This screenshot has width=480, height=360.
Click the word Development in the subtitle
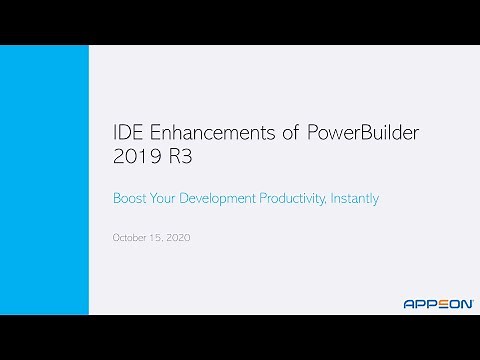point(217,198)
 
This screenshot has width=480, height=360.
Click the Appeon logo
point(438,303)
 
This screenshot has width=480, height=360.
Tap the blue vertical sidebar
point(44,180)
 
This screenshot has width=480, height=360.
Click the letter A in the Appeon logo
point(409,303)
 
